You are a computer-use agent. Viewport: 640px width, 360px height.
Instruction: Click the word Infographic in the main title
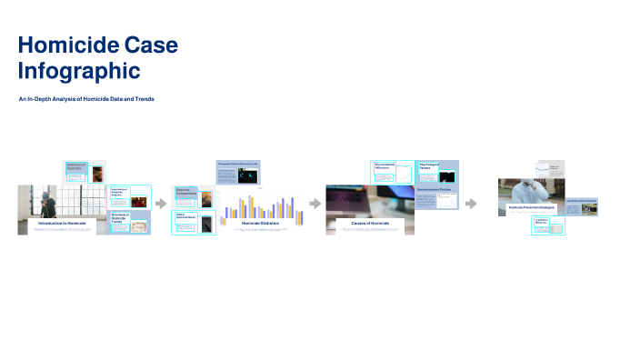click(79, 70)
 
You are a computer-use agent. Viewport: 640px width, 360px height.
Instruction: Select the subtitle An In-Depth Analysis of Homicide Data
click(86, 98)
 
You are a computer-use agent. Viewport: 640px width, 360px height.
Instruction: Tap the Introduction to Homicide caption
click(62, 223)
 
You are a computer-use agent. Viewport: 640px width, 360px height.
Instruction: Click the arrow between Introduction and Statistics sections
click(162, 204)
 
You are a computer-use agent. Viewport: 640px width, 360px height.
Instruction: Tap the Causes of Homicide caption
click(370, 223)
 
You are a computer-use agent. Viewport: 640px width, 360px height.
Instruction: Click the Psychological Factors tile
click(437, 170)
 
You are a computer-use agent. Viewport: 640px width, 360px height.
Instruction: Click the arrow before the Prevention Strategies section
click(471, 204)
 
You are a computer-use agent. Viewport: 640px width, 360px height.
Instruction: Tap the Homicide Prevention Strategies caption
click(531, 207)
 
